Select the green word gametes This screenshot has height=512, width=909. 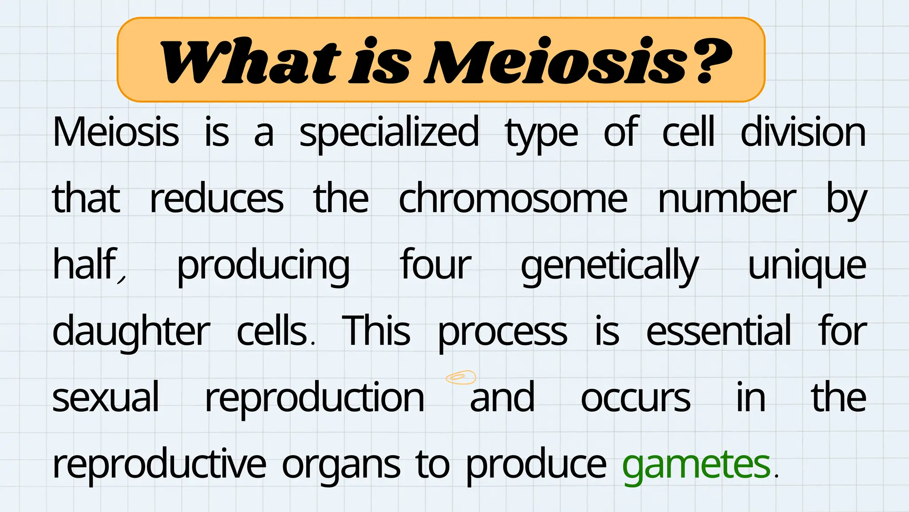point(696,464)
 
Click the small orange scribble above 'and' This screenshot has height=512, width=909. point(461,377)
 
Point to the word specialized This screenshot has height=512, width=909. point(389,132)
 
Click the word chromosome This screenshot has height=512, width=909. point(513,199)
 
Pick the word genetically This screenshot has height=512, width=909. point(609,266)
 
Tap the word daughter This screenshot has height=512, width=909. point(131,332)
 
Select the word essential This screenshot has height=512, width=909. point(718,331)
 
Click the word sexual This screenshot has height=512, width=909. point(106,397)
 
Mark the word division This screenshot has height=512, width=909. point(803,132)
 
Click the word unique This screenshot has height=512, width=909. point(807,266)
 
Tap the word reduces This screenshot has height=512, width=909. point(217,199)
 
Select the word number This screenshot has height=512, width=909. point(727,199)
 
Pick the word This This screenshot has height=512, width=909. point(376,331)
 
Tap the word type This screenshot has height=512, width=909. point(541,133)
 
